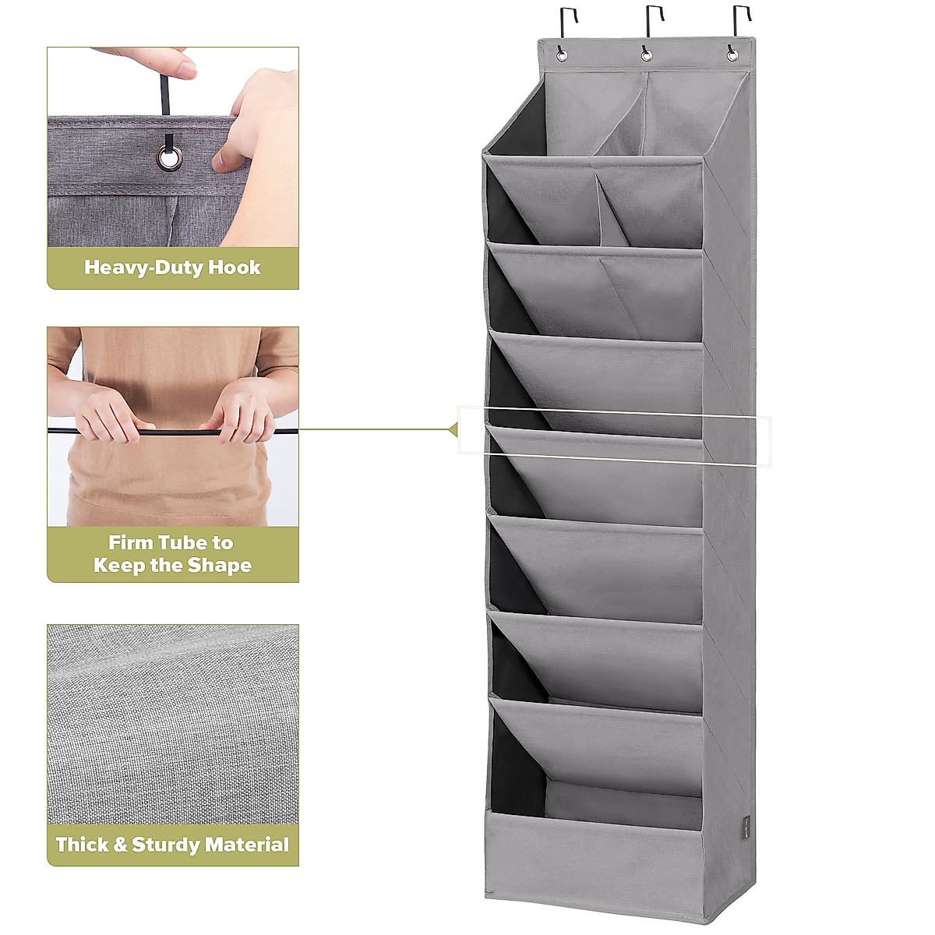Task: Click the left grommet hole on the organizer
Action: click(559, 54)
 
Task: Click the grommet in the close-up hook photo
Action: click(168, 159)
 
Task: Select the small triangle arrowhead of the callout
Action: click(453, 429)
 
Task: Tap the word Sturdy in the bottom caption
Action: click(170, 845)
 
